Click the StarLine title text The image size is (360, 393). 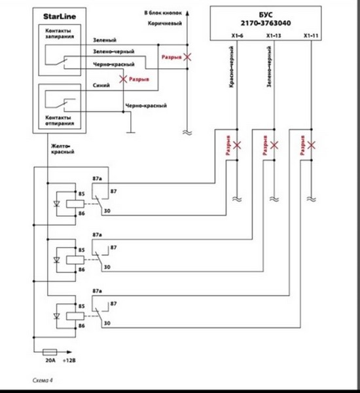(x=60, y=16)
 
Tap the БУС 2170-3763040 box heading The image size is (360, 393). (x=266, y=19)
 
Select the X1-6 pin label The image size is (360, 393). (x=237, y=36)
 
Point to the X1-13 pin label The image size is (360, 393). (x=274, y=36)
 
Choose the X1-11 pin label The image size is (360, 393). (x=311, y=36)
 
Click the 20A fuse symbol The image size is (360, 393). (x=50, y=352)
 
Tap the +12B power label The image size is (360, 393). (x=69, y=360)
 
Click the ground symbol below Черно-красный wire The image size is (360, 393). (x=130, y=132)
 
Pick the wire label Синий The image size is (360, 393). (x=101, y=85)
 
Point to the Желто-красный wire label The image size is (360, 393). (x=63, y=149)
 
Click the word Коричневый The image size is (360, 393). (x=164, y=24)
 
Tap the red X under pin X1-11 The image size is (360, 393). (x=311, y=145)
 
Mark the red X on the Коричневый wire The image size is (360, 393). (x=187, y=57)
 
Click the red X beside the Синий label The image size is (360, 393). (x=123, y=79)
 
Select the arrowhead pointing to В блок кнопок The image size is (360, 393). (x=187, y=13)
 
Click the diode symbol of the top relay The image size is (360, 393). (x=57, y=204)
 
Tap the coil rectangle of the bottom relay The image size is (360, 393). (x=75, y=316)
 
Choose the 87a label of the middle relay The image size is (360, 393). (x=98, y=235)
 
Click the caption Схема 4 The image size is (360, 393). (x=43, y=380)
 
